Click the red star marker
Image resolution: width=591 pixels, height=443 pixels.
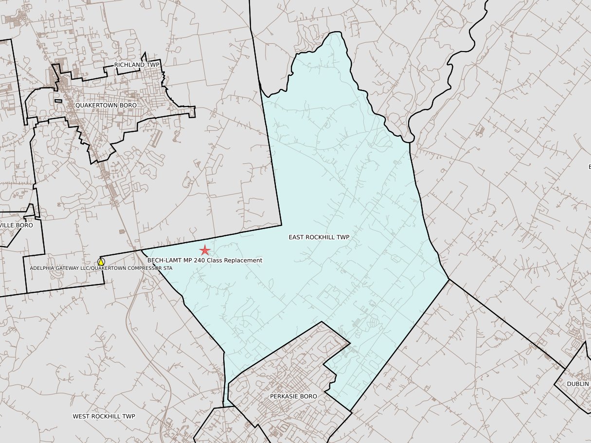click(x=205, y=250)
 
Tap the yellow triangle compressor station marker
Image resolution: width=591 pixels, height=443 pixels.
click(x=101, y=262)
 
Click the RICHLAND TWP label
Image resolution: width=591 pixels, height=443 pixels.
click(x=137, y=64)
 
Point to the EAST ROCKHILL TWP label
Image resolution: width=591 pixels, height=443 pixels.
click(x=319, y=237)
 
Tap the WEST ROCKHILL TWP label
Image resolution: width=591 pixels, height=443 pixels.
click(x=104, y=416)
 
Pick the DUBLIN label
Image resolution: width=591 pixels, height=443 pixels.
click(x=578, y=384)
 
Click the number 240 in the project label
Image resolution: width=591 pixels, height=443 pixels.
click(x=199, y=261)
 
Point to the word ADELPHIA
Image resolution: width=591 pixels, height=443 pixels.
click(x=41, y=268)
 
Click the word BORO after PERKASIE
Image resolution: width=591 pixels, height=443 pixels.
click(x=308, y=396)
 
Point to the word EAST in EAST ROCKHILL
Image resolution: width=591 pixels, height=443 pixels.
click(x=296, y=237)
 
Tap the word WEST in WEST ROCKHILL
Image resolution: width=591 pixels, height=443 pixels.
click(x=81, y=416)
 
